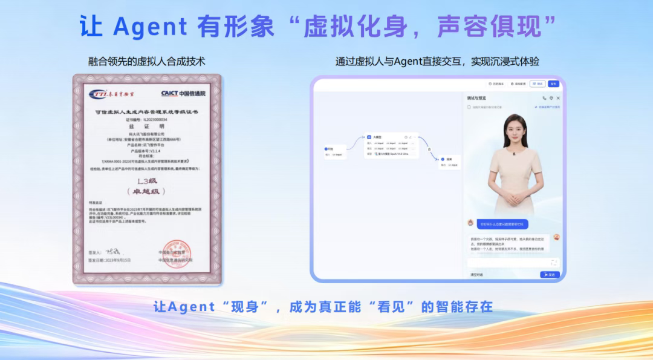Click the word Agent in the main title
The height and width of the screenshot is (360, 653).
151,26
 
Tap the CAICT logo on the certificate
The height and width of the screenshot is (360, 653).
183,94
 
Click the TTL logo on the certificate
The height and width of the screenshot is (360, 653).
111,94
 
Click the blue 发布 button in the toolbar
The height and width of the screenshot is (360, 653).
553,83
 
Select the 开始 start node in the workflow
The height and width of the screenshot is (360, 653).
329,148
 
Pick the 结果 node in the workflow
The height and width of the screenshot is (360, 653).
449,159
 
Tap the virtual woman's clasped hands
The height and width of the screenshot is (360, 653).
511,197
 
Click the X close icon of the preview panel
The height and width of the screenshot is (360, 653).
558,98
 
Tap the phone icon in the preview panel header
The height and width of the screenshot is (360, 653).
544,98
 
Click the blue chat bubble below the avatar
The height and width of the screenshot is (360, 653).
502,224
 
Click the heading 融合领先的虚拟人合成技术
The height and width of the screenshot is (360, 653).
147,62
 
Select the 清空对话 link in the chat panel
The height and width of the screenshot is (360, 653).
478,275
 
